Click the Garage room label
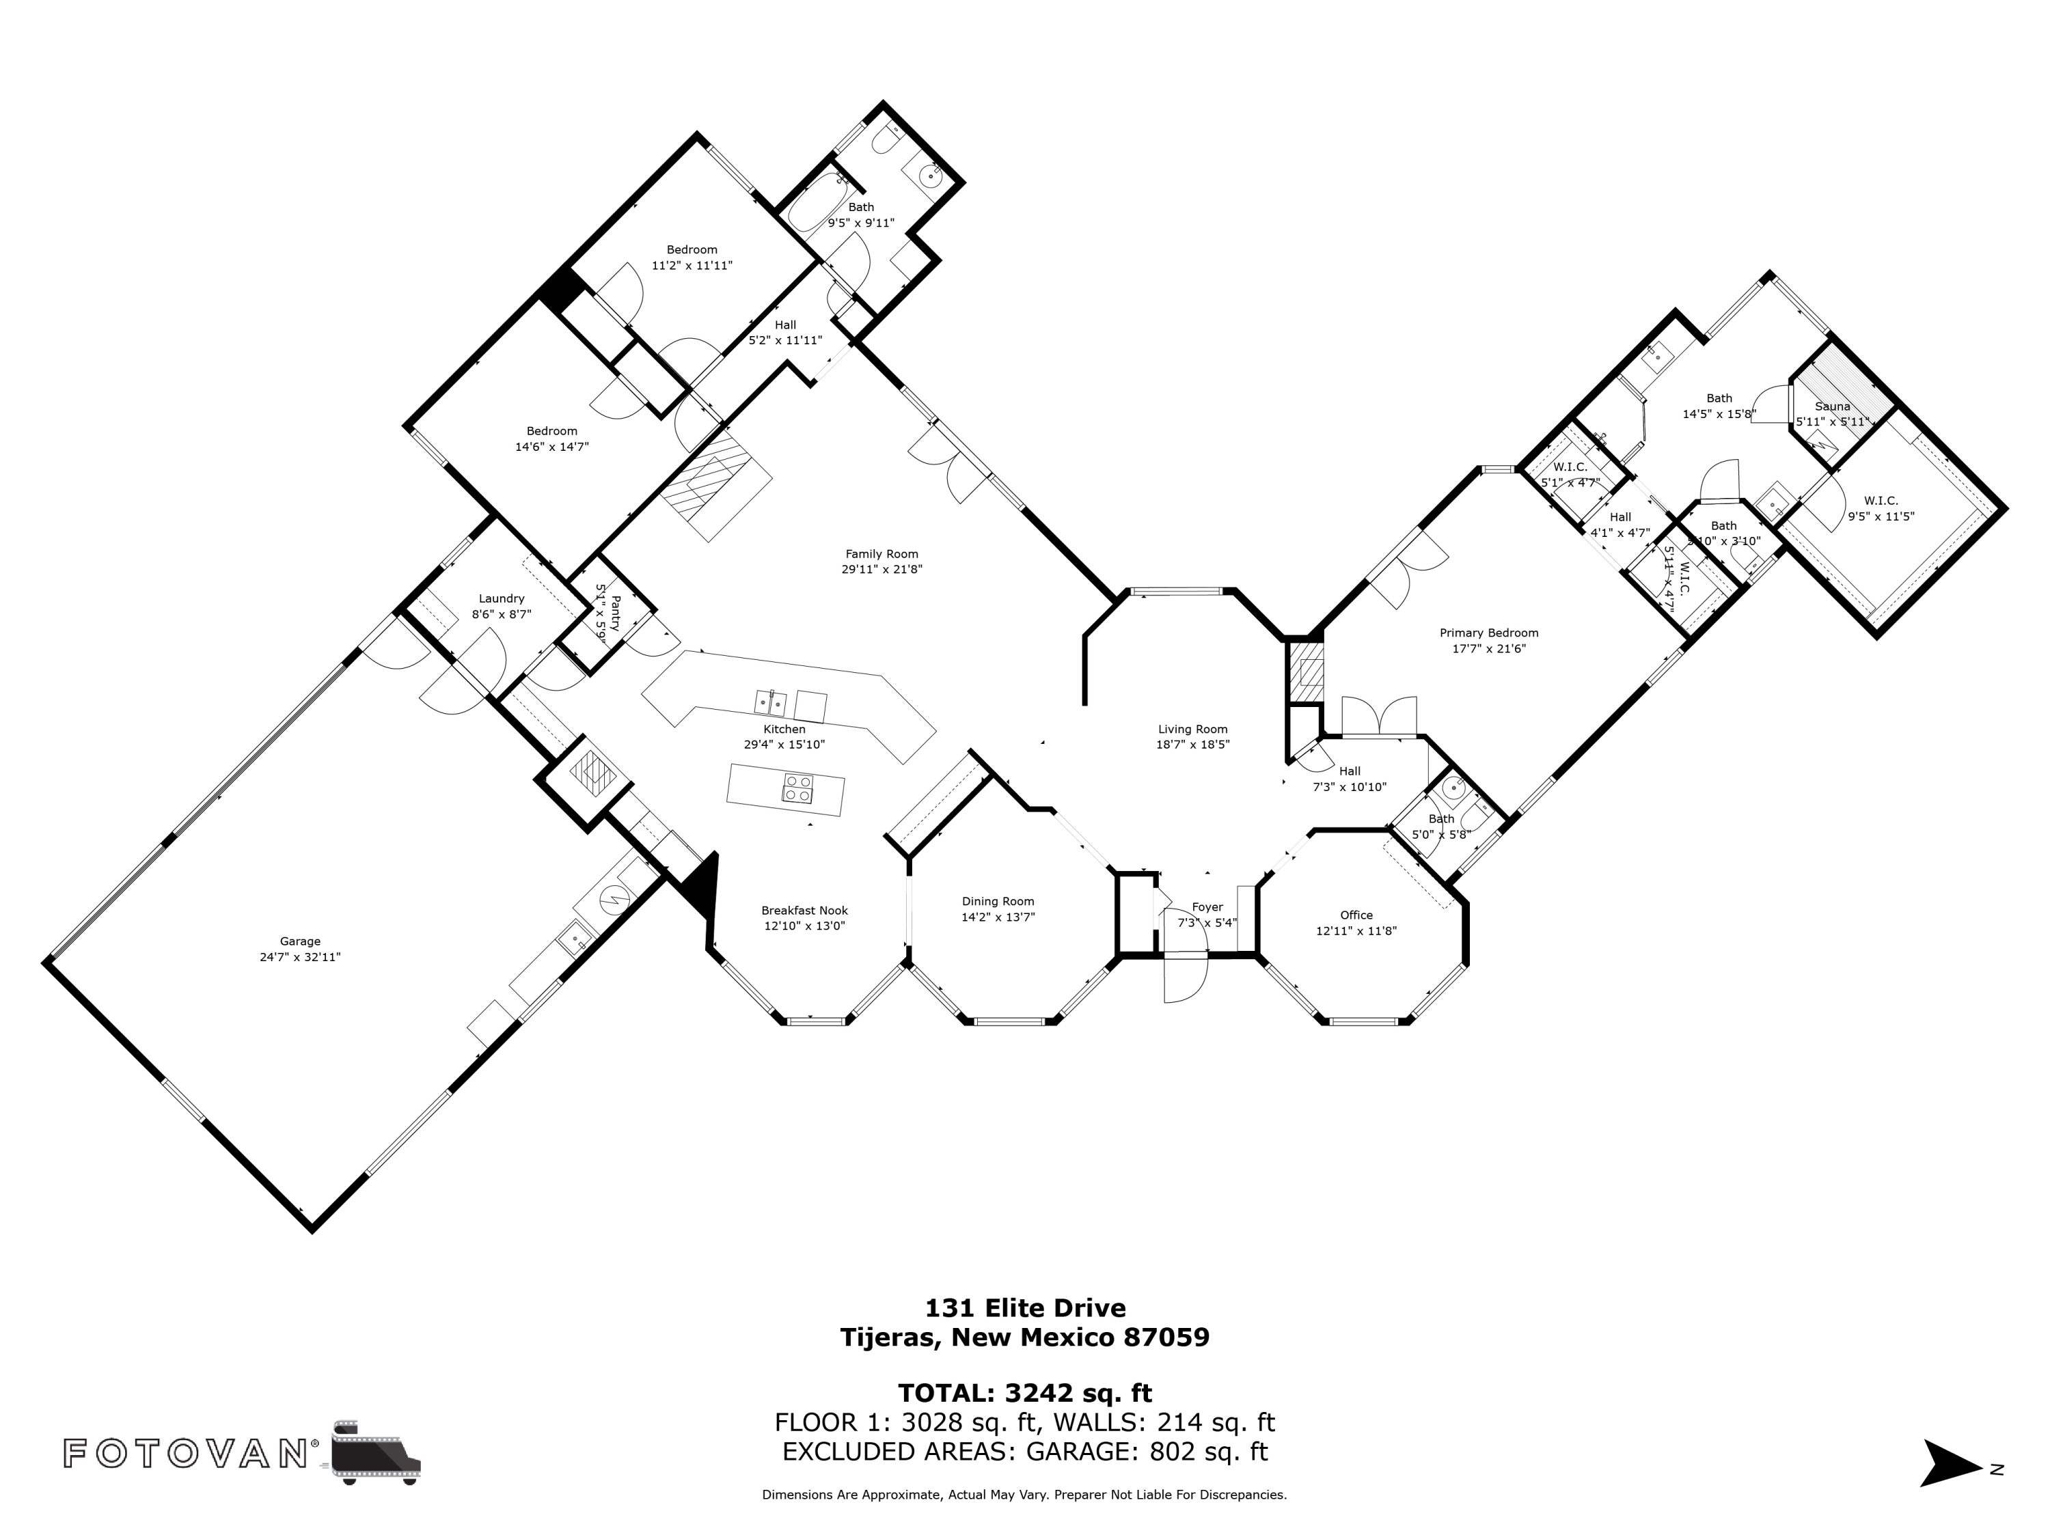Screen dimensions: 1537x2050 pyautogui.click(x=299, y=941)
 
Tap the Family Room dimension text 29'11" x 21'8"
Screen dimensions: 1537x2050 pyautogui.click(x=881, y=570)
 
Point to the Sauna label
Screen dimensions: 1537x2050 pyautogui.click(x=1832, y=406)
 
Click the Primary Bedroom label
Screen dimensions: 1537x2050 pyautogui.click(x=1488, y=633)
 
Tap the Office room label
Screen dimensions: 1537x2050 pyautogui.click(x=1356, y=915)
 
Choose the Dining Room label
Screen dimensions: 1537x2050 pyautogui.click(x=997, y=902)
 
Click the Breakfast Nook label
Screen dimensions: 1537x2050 pyautogui.click(x=804, y=911)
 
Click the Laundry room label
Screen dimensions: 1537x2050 pyautogui.click(x=502, y=598)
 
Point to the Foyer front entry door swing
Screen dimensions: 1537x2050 pyautogui.click(x=1186, y=978)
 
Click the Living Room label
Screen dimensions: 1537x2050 pyautogui.click(x=1192, y=729)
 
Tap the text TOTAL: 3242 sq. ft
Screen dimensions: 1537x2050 pyautogui.click(x=1025, y=1392)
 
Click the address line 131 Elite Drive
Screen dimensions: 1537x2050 pyautogui.click(x=1025, y=1308)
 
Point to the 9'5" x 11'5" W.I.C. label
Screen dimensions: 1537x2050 pyautogui.click(x=1881, y=501)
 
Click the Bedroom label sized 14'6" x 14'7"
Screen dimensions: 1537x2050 pyautogui.click(x=551, y=431)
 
